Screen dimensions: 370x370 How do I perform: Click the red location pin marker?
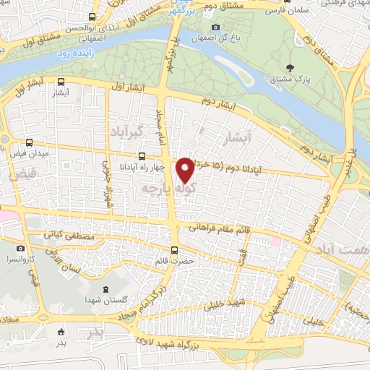(x=186, y=170)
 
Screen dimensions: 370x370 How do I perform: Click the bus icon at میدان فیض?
(x=29, y=142)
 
